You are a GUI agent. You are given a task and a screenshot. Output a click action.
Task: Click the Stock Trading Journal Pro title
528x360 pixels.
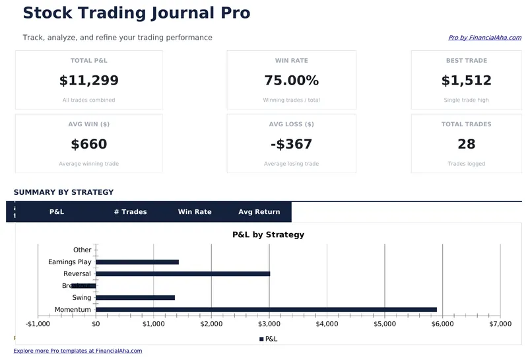click(x=136, y=13)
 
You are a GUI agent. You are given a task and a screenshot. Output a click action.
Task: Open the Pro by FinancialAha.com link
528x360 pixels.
click(x=484, y=38)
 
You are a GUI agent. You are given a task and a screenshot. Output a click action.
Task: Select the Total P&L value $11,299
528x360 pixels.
click(x=88, y=81)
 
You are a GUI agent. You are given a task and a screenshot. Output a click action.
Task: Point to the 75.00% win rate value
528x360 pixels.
click(x=291, y=81)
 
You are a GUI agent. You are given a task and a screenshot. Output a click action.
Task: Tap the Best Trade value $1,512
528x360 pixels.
click(x=466, y=81)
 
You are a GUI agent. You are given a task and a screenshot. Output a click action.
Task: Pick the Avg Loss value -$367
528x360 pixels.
click(x=291, y=144)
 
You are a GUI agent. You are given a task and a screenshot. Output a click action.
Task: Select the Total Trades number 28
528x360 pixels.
click(x=466, y=144)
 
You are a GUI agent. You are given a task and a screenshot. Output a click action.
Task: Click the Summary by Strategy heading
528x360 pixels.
click(x=63, y=192)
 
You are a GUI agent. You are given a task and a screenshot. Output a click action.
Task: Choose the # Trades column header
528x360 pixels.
click(x=130, y=212)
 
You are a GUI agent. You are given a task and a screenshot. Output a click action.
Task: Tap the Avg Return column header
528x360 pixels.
click(x=259, y=212)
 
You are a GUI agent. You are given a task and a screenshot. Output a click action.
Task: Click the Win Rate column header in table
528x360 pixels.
click(x=195, y=212)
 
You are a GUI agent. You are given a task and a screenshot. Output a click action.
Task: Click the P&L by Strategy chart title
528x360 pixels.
click(x=268, y=234)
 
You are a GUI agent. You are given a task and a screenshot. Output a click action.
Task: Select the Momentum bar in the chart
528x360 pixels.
click(x=266, y=309)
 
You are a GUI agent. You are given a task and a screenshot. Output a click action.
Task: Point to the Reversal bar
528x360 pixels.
click(x=183, y=273)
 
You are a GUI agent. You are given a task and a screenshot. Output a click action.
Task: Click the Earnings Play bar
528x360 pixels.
click(x=137, y=262)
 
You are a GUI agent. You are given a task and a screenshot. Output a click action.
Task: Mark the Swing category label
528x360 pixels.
click(x=82, y=298)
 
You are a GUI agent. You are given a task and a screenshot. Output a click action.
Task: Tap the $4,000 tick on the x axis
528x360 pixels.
click(x=327, y=324)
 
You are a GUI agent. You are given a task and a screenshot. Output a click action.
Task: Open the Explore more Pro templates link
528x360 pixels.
click(x=77, y=351)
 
